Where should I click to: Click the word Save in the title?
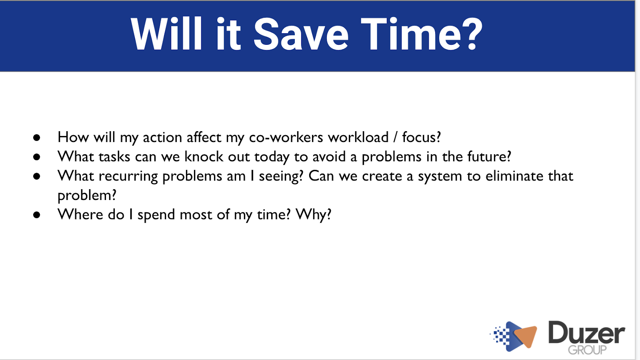[x=301, y=34]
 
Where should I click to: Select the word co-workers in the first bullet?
[x=286, y=138]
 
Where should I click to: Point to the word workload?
[x=358, y=137]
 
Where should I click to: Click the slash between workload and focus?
[x=396, y=138]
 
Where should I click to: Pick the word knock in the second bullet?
[x=204, y=156]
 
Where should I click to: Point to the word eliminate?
[x=514, y=176]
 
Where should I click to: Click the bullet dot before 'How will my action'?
[x=36, y=138]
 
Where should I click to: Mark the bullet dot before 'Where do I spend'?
[x=36, y=215]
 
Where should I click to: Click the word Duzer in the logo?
[x=586, y=332]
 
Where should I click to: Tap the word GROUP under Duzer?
[x=587, y=350]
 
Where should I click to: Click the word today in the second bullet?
[x=272, y=157]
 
